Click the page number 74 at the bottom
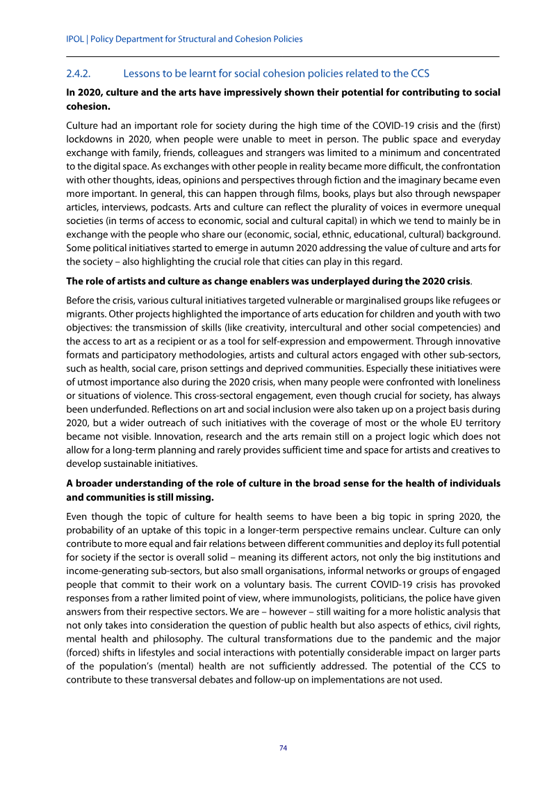pyautogui.click(x=283, y=748)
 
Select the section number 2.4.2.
pyautogui.click(x=81, y=73)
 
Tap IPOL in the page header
pyautogui.click(x=74, y=39)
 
